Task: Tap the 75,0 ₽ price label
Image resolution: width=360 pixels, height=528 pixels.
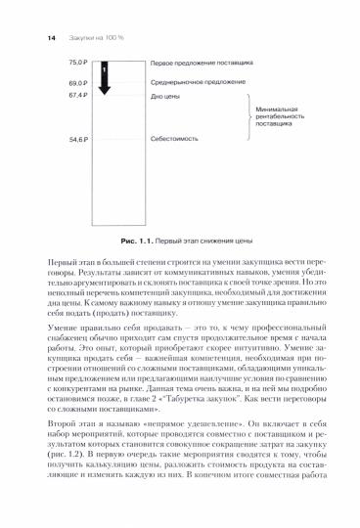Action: point(77,62)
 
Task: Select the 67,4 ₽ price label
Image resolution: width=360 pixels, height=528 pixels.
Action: point(77,97)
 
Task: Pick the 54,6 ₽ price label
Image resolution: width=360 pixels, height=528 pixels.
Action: point(77,140)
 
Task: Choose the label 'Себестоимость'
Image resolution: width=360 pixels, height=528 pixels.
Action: point(172,140)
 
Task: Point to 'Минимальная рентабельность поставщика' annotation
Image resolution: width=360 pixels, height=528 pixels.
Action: point(279,118)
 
